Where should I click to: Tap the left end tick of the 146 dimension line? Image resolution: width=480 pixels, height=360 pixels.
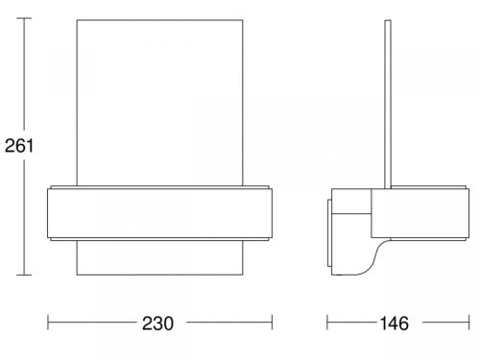click(x=327, y=323)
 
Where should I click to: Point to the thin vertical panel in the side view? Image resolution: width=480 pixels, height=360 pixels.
click(x=387, y=96)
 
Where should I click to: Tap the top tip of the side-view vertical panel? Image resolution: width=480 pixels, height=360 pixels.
click(x=387, y=17)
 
